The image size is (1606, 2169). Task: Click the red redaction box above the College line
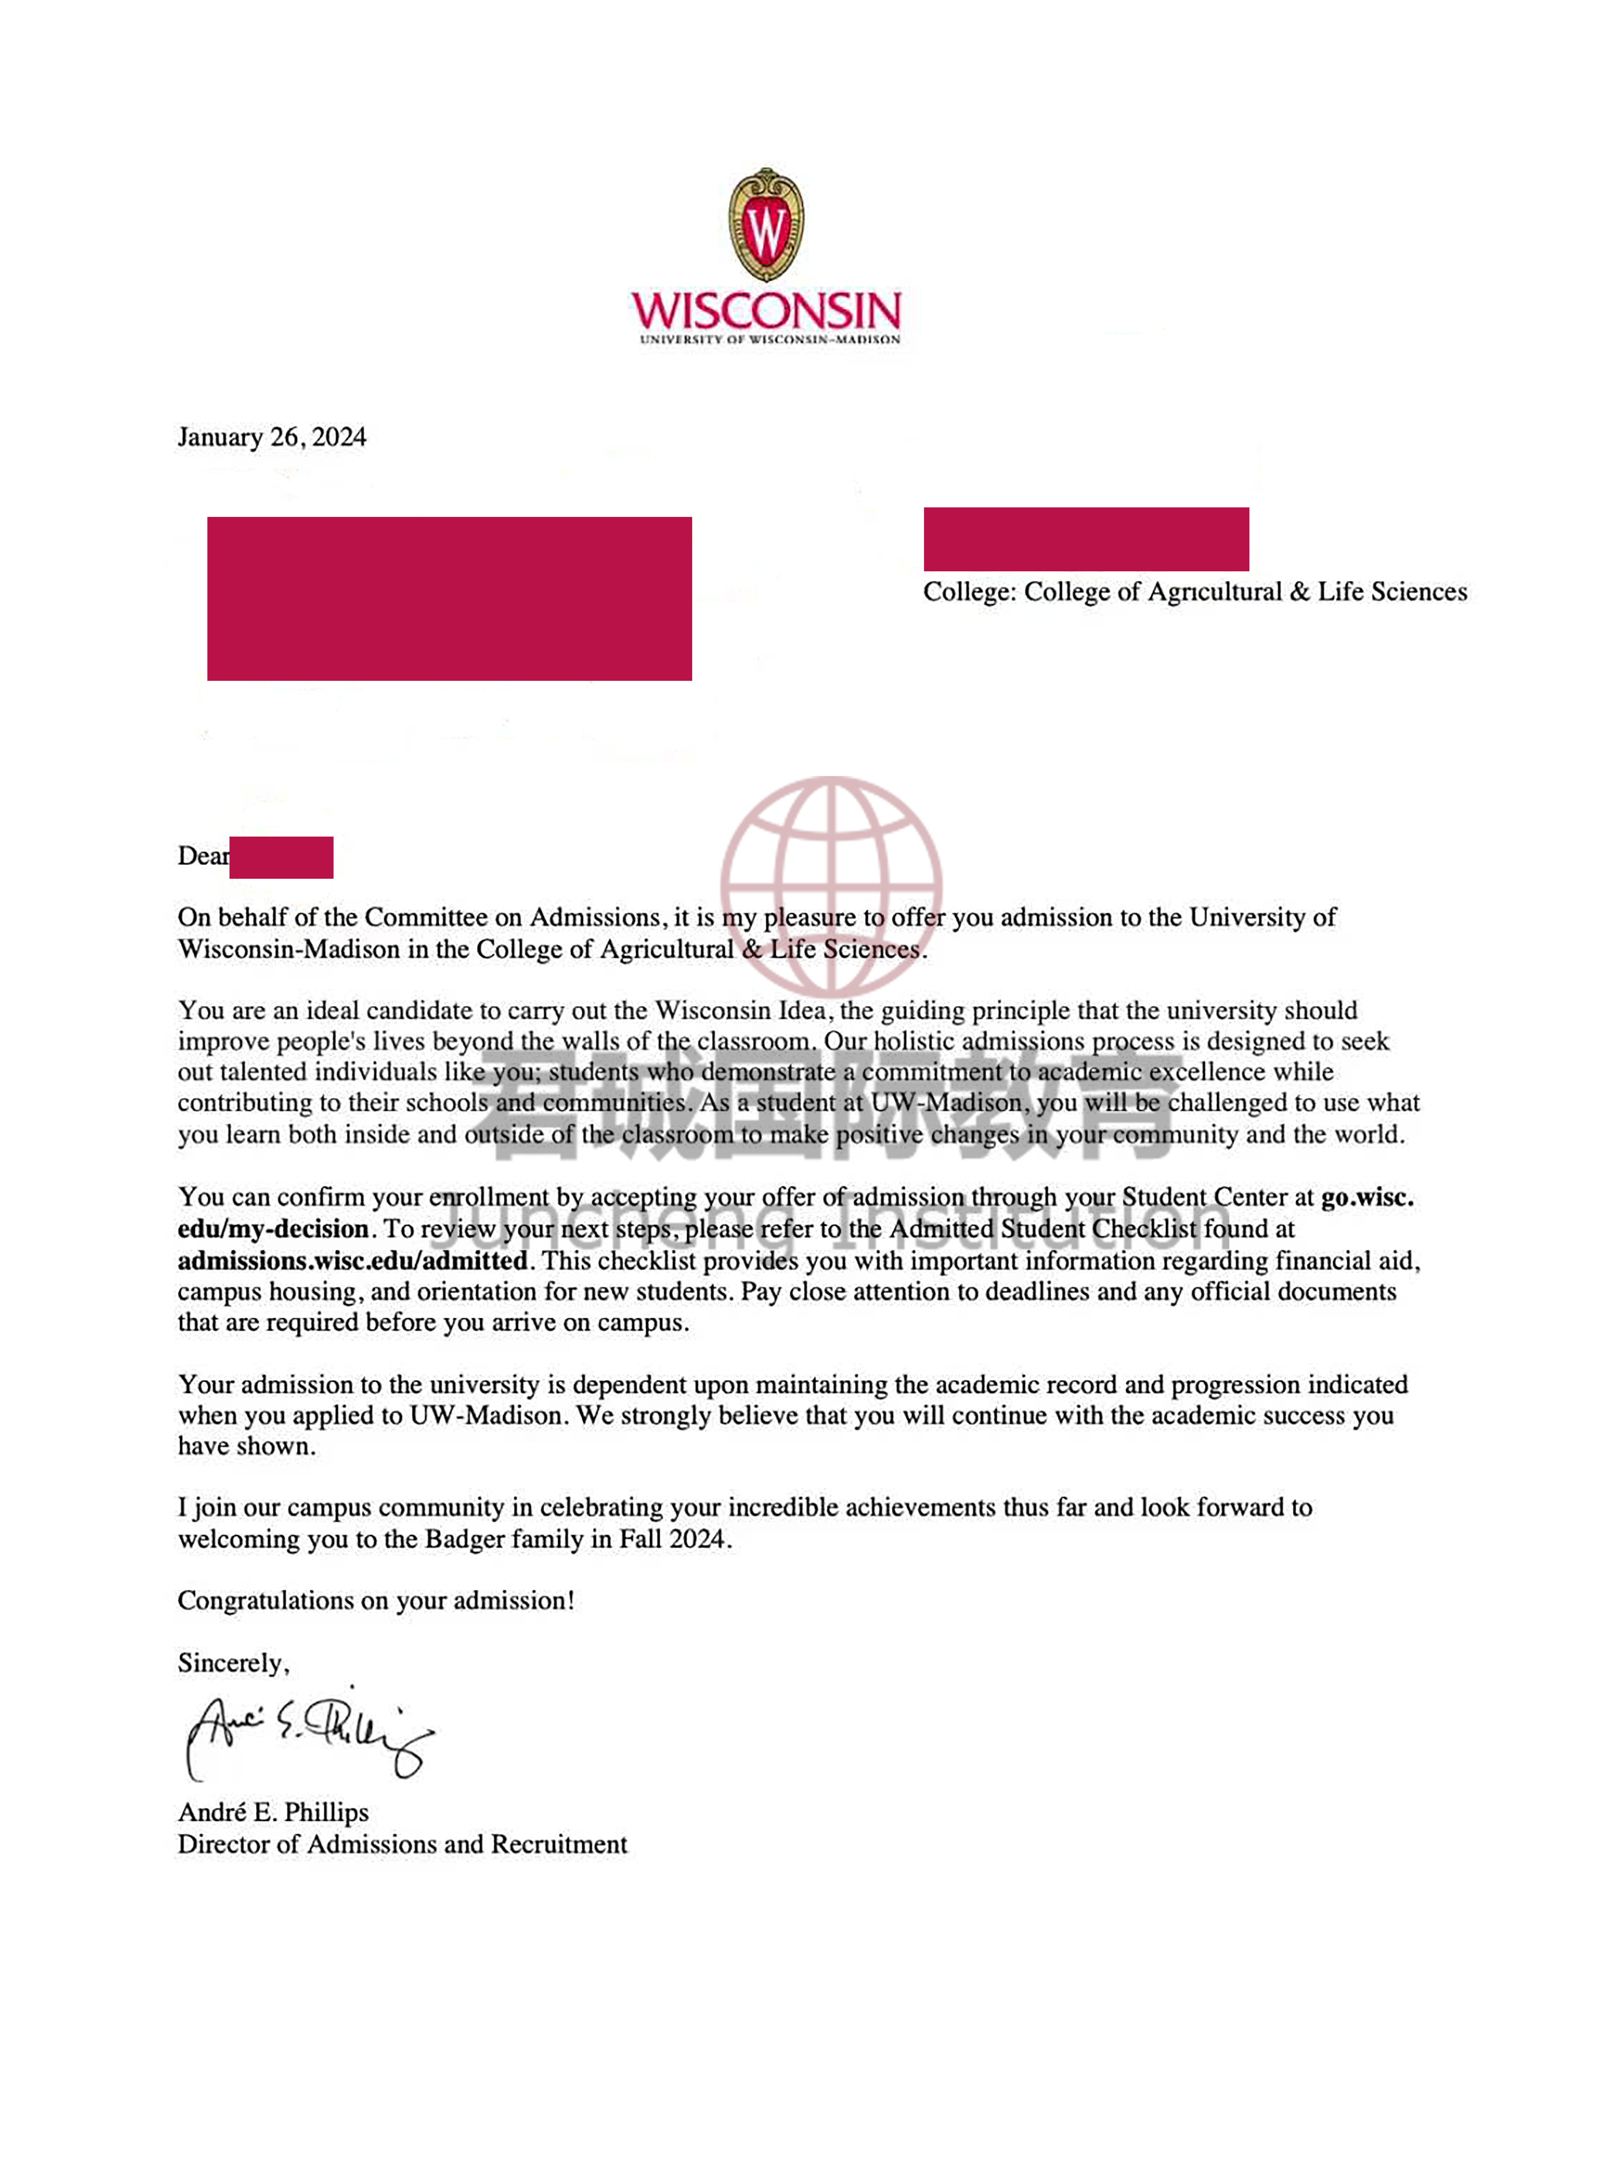[x=1086, y=539]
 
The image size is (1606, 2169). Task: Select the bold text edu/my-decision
[x=272, y=1229]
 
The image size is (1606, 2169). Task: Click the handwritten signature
[x=306, y=1735]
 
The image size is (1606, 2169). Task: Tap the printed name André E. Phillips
[x=273, y=1812]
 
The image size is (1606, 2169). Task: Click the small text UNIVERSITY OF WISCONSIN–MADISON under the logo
[x=769, y=339]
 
